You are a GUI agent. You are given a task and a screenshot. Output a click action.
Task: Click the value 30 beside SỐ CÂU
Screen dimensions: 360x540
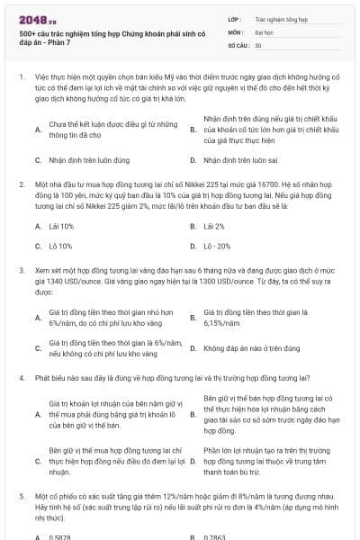pos(258,43)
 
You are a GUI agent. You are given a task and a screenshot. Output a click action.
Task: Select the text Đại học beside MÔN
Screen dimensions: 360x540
pos(265,31)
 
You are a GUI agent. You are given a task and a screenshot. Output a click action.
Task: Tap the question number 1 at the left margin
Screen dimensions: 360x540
pos(20,77)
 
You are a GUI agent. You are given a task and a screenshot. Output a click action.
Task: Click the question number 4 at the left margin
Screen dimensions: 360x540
pos(20,377)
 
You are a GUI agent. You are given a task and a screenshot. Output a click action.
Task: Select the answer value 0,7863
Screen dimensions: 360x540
pos(216,535)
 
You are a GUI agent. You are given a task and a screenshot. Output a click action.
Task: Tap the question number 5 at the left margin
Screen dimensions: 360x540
pos(20,495)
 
